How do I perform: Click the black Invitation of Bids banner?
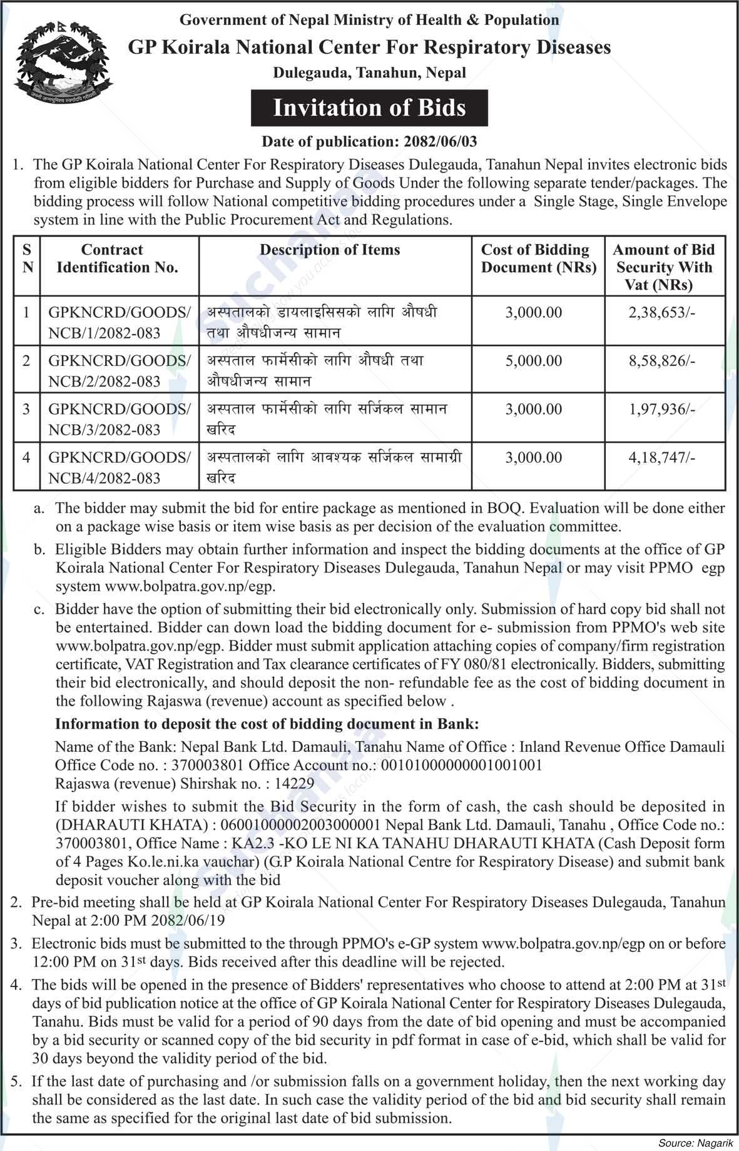pos(369,108)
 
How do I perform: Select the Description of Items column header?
pos(330,250)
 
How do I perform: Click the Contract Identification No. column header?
pos(113,258)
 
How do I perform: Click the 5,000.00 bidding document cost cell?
pos(534,361)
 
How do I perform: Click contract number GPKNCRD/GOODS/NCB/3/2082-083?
pos(119,419)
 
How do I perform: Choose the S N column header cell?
pos(27,258)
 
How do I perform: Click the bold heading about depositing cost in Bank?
pos(267,724)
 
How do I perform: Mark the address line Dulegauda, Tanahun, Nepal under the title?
pos(369,73)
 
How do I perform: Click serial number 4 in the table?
pos(26,458)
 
